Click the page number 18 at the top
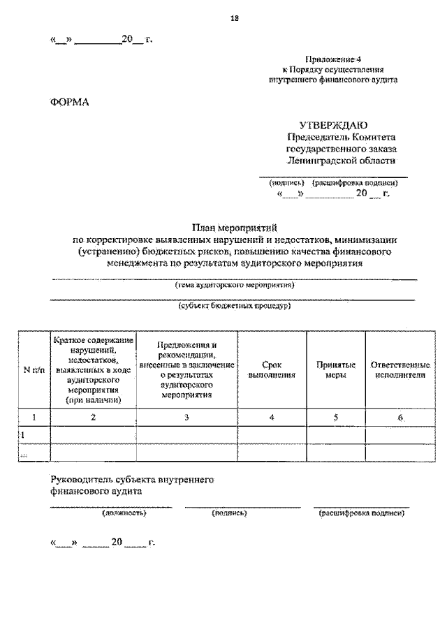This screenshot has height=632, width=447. click(x=235, y=19)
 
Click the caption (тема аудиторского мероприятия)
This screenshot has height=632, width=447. click(x=234, y=285)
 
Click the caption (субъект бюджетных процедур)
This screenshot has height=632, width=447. click(x=234, y=306)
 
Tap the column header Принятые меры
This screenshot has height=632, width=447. click(x=336, y=369)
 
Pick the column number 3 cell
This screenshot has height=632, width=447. click(x=186, y=417)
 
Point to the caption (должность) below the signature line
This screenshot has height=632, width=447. click(x=124, y=513)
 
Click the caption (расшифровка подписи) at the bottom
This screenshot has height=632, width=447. click(x=362, y=513)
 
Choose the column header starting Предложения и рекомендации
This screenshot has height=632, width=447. click(x=186, y=369)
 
